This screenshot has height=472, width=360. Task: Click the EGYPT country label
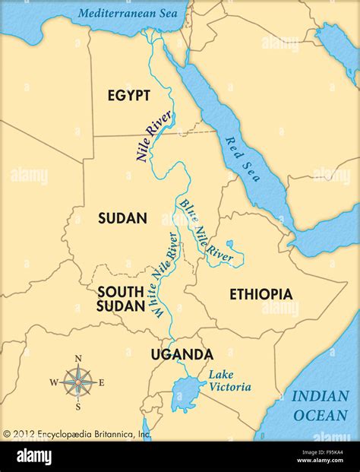pyautogui.click(x=128, y=95)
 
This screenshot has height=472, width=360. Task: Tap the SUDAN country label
pyautogui.click(x=122, y=218)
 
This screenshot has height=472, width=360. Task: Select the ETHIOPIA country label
pyautogui.click(x=261, y=294)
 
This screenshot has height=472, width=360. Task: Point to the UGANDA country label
pyautogui.click(x=182, y=354)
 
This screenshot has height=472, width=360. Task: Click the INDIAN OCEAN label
pyautogui.click(x=321, y=404)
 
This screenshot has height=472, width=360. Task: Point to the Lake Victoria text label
pyautogui.click(x=229, y=380)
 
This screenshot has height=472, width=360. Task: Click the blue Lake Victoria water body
pyautogui.click(x=185, y=395)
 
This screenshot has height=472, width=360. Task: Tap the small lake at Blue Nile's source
pyautogui.click(x=234, y=247)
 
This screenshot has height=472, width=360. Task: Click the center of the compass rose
pyautogui.click(x=77, y=381)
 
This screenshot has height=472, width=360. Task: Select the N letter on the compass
pyautogui.click(x=77, y=359)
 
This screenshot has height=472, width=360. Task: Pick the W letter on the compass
pyautogui.click(x=53, y=382)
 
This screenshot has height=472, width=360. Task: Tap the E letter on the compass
pyautogui.click(x=101, y=382)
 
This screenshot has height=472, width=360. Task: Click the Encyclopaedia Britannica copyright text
pyautogui.click(x=76, y=434)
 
